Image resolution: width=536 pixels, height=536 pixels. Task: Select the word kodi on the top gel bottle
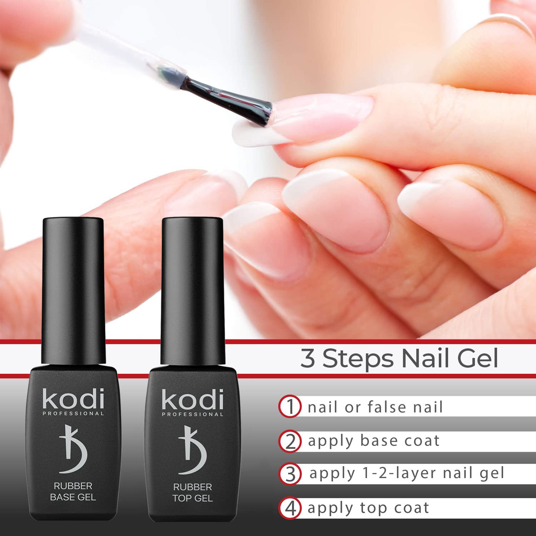(x=193, y=399)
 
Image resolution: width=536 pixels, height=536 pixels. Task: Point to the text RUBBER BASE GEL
(x=73, y=491)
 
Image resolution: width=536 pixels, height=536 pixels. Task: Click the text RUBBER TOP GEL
(x=193, y=492)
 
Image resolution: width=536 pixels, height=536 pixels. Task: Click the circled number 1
(x=290, y=407)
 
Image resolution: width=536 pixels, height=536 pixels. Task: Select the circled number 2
(x=290, y=441)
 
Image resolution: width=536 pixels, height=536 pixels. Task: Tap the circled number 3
(x=290, y=474)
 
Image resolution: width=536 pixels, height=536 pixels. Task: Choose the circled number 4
(x=290, y=508)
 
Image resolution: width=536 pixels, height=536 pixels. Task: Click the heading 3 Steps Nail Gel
(x=399, y=359)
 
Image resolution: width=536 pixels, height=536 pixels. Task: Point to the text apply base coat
(x=374, y=441)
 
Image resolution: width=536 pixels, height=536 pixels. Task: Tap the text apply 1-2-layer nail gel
(x=407, y=473)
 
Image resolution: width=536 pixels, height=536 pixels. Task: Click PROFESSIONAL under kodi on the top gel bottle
(x=193, y=414)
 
